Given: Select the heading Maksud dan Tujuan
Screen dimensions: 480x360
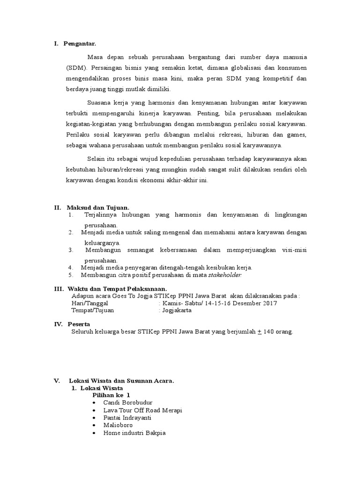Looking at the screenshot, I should pyautogui.click(x=98, y=208).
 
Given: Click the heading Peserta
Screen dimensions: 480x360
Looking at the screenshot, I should pyautogui.click(x=79, y=324).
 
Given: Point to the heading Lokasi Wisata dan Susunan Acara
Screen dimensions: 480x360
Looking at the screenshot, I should pyautogui.click(x=121, y=381).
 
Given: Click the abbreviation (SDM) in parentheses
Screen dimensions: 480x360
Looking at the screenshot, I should pyautogui.click(x=76, y=67).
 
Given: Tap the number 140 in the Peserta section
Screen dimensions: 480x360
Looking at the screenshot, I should pyautogui.click(x=270, y=331).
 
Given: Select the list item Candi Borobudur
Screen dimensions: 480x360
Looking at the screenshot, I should pyautogui.click(x=128, y=403).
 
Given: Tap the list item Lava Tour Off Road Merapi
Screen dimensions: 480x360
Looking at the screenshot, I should pyautogui.click(x=143, y=410).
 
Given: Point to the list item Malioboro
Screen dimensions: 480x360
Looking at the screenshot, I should pyautogui.click(x=118, y=425).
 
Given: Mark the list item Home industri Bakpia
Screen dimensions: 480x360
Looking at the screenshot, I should pyautogui.click(x=135, y=433).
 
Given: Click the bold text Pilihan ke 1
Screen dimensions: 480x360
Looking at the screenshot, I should pyautogui.click(x=111, y=395).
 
